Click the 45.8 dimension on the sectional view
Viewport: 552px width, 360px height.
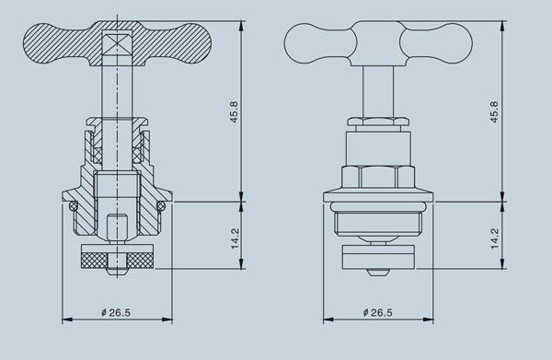point(234,112)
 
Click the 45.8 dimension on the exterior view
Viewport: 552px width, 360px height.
point(494,112)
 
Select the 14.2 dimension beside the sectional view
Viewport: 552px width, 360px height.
point(235,238)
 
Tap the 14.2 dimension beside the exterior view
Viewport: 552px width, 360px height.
point(495,238)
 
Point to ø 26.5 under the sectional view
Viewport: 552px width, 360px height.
point(116,312)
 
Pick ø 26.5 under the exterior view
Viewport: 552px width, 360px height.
point(377,312)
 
